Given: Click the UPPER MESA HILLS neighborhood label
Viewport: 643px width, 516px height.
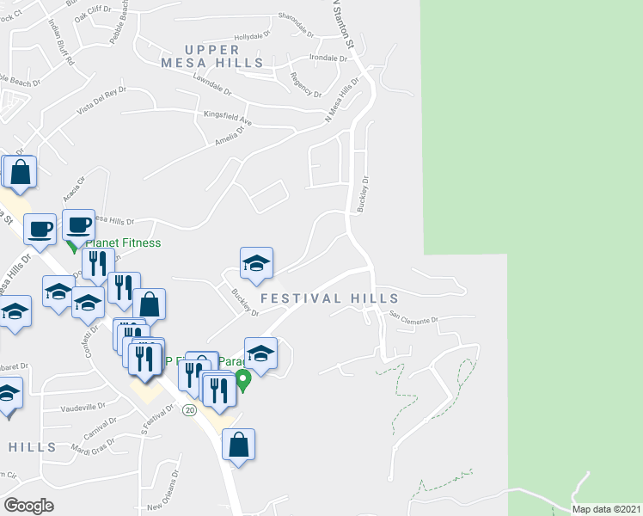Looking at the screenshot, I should [211, 54].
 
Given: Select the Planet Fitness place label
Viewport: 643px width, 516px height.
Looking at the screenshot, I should [123, 243].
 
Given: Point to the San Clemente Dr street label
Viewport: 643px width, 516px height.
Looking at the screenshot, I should [413, 317].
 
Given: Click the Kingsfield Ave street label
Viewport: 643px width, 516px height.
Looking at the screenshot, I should [227, 116].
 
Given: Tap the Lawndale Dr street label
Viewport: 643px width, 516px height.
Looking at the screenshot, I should [213, 83].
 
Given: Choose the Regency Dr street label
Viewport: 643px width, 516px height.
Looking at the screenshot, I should [306, 85].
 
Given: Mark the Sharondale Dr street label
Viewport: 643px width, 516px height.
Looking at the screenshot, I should [298, 19].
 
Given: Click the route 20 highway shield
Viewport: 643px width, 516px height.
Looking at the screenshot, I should [189, 410].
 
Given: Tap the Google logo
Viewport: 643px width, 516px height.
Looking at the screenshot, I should [29, 506].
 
